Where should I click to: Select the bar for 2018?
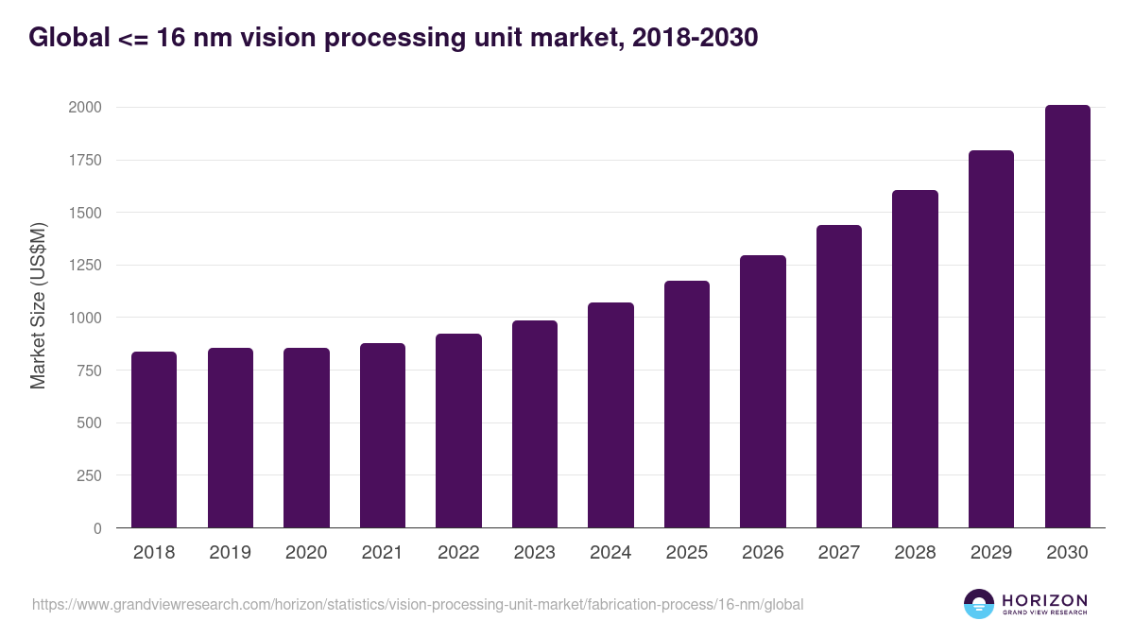click(x=154, y=440)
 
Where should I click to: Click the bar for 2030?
click(x=1067, y=317)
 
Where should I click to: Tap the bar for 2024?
click(x=610, y=415)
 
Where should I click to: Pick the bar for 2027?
click(x=839, y=376)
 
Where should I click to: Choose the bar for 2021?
click(x=382, y=435)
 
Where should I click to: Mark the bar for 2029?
click(x=991, y=339)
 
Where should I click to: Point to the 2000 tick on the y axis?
click(x=85, y=108)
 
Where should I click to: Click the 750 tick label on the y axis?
click(x=89, y=371)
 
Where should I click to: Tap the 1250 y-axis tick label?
click(x=85, y=266)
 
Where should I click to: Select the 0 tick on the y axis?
click(x=97, y=528)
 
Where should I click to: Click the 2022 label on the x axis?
click(x=458, y=553)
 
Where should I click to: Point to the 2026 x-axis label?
click(x=763, y=553)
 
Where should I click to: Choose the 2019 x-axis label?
click(x=230, y=553)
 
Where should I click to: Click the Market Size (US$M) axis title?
click(x=38, y=305)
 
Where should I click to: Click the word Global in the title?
click(x=64, y=38)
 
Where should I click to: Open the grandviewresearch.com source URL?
click(x=418, y=604)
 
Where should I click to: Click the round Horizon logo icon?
click(x=979, y=604)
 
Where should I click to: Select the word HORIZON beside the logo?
click(x=1044, y=599)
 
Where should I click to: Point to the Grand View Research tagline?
click(x=1044, y=613)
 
